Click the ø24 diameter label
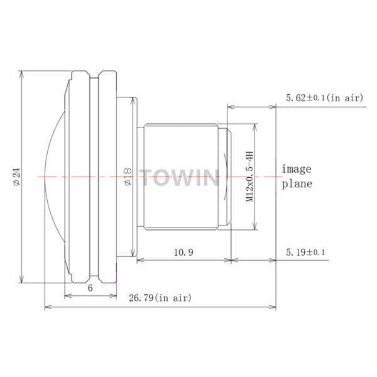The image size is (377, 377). point(17,177)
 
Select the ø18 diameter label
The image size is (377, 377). point(128,177)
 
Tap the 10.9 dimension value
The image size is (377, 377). point(183,253)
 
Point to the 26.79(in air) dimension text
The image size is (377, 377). point(160,298)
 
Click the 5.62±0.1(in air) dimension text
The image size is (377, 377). point(324,98)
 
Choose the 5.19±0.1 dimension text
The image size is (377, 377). point(305,253)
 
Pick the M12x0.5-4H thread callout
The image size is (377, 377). point(249,177)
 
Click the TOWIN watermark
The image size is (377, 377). point(179,177)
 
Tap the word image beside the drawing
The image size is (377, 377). point(297,169)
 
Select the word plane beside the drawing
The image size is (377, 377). point(297,184)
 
